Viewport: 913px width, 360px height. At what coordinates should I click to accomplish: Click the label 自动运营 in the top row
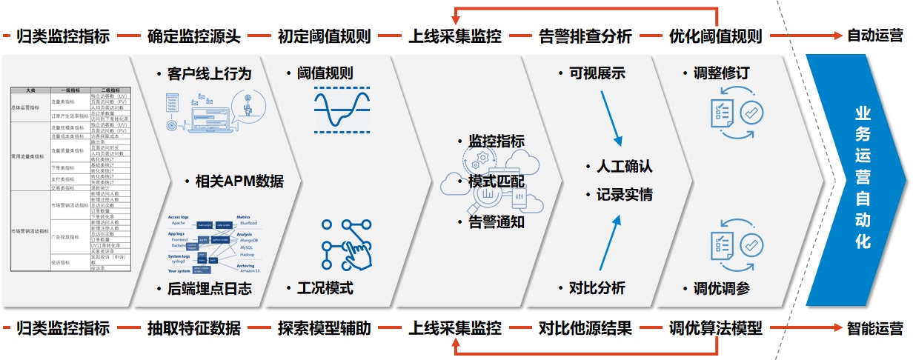coord(874,36)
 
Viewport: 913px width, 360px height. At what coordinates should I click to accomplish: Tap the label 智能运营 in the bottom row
coord(874,328)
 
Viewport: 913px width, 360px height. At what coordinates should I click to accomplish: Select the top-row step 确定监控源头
coord(193,36)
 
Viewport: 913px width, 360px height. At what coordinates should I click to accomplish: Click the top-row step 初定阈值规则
coord(324,36)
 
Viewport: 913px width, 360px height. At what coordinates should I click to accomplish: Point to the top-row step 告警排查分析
coord(585,36)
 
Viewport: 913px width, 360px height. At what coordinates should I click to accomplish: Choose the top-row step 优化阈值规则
coord(715,36)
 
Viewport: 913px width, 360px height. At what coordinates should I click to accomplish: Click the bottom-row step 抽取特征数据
coord(193,328)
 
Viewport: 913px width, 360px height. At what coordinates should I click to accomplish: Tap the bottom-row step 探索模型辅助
coord(324,328)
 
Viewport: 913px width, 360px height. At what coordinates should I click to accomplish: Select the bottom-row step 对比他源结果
coord(585,328)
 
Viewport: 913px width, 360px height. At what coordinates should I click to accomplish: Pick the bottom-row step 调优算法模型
coord(715,328)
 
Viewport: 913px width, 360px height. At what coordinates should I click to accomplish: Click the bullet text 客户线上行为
coord(210,74)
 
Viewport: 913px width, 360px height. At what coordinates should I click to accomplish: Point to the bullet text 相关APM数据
coord(239,181)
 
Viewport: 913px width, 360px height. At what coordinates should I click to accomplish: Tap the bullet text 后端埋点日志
coord(210,289)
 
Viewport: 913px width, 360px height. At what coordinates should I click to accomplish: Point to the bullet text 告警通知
coord(496,221)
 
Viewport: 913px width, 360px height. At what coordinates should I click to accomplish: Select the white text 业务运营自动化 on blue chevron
coord(863,178)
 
